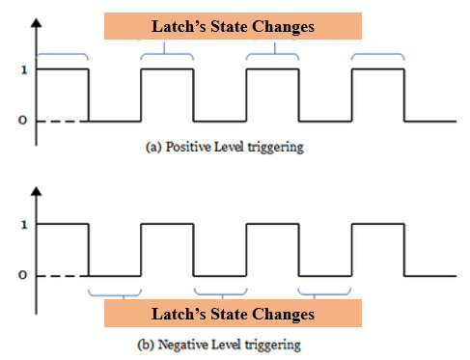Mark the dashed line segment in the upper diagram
[62, 121]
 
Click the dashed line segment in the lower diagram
[62, 276]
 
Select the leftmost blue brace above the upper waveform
[62, 53]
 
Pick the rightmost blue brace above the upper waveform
[377, 53]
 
